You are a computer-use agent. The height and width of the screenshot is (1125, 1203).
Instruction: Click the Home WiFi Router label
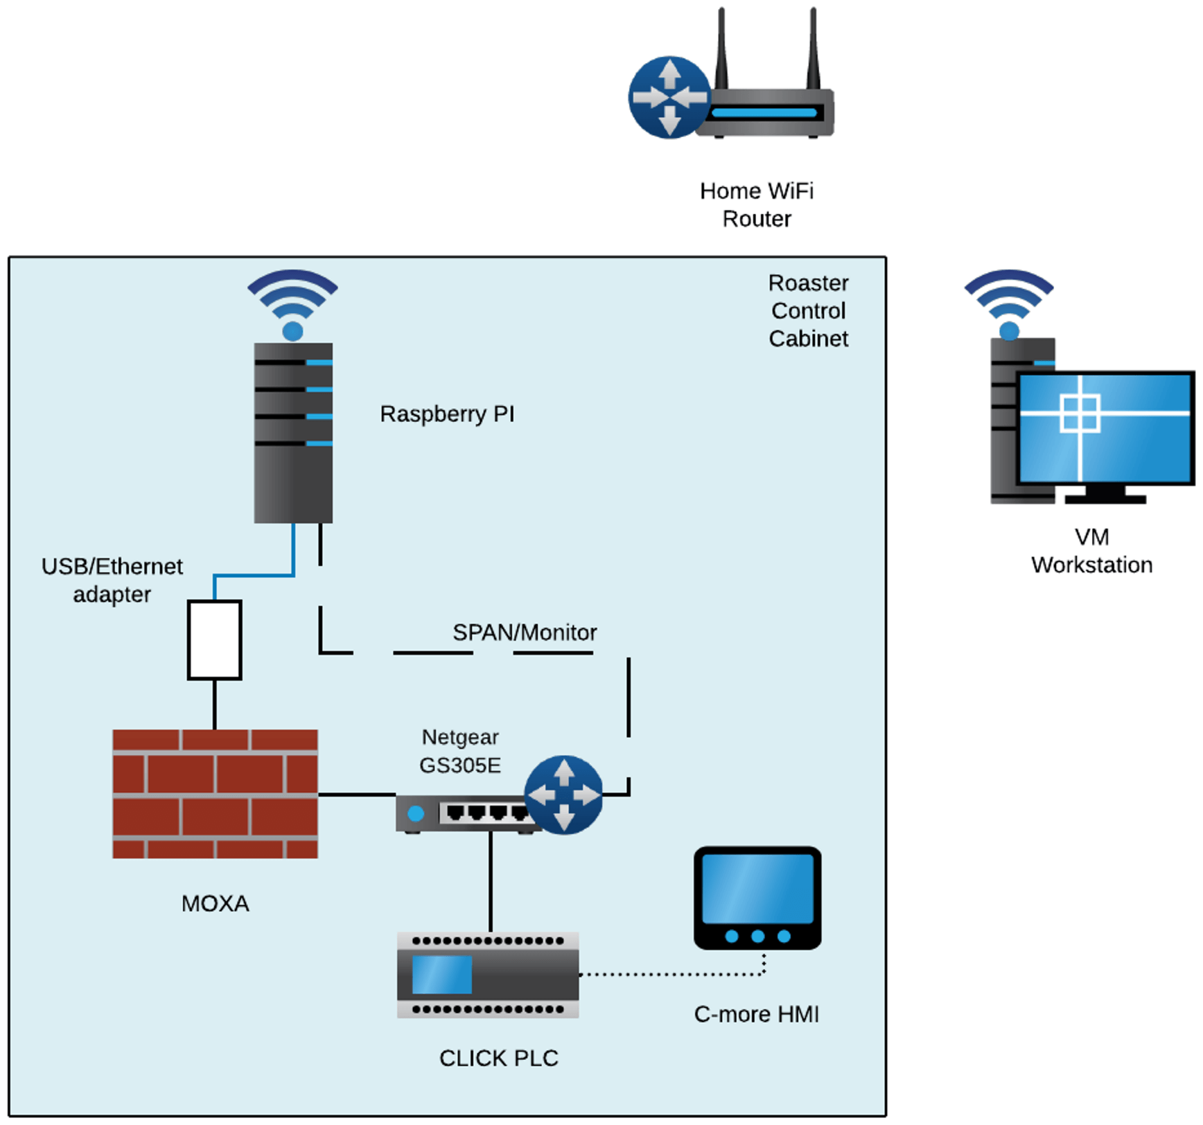[756, 204]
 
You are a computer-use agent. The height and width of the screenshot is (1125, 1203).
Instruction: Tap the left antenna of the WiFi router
[721, 48]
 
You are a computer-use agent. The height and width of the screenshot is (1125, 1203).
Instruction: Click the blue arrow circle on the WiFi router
[669, 98]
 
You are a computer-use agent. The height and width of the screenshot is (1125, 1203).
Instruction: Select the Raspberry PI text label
[447, 414]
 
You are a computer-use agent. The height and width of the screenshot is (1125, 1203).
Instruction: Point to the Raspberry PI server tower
[293, 433]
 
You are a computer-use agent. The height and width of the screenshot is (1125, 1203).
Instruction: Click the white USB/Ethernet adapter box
[215, 639]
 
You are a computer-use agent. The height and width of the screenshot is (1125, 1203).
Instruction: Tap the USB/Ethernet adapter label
[112, 580]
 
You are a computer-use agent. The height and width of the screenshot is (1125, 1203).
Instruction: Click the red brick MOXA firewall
[215, 793]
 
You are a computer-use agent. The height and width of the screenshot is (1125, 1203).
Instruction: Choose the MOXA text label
[215, 903]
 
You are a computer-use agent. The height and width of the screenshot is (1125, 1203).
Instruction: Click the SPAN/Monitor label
[525, 632]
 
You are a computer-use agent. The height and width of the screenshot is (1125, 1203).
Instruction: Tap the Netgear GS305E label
[460, 751]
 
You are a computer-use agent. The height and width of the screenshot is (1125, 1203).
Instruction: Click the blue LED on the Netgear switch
[416, 813]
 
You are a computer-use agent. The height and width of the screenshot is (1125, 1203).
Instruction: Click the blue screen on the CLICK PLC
[442, 974]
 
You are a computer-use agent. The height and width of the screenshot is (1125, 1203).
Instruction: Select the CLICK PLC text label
[498, 1058]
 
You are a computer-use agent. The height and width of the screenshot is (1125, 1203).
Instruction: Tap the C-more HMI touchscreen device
[757, 897]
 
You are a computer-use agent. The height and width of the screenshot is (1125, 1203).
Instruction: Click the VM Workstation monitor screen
[1105, 427]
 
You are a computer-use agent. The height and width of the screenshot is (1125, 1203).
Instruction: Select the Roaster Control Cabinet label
[808, 310]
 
